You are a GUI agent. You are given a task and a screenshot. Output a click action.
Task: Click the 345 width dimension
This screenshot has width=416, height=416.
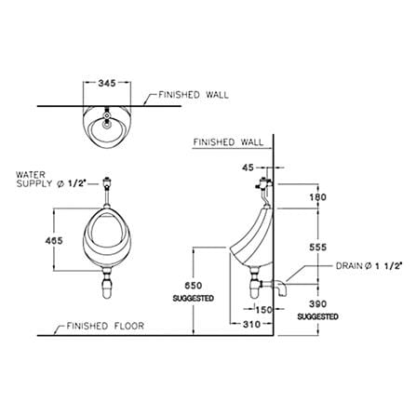[107, 83]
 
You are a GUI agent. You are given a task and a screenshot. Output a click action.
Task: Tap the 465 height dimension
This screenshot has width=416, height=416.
[54, 240]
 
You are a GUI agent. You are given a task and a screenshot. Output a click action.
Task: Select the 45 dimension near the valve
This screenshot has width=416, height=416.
[248, 168]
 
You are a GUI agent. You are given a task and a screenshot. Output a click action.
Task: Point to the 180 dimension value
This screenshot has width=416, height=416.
[318, 196]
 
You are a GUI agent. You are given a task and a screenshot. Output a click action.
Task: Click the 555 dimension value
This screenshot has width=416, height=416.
[318, 247]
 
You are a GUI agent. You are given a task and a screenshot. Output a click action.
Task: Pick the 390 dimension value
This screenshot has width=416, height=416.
[318, 304]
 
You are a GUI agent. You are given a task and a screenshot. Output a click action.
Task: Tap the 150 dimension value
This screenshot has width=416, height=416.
[263, 309]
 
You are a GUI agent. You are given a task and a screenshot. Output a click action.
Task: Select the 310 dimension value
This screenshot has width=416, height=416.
[251, 324]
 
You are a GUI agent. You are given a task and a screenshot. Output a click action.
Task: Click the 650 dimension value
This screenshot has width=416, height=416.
[194, 286]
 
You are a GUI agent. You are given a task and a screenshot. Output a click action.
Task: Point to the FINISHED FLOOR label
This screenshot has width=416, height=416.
[105, 326]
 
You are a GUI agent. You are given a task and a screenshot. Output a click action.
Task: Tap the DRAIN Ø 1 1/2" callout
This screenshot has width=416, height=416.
[369, 266]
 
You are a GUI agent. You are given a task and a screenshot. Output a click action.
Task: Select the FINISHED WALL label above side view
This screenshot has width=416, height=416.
[228, 142]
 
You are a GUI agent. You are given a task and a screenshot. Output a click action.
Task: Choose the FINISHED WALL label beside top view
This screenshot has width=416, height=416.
[194, 95]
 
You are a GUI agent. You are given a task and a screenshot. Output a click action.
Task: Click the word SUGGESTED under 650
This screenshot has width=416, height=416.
[194, 299]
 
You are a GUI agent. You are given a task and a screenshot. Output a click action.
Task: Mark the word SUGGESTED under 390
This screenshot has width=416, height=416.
[318, 316]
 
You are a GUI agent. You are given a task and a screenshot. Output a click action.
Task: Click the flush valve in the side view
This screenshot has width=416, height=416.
[263, 183]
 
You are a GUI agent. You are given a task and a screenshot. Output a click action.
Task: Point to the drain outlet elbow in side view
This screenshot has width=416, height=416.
[279, 287]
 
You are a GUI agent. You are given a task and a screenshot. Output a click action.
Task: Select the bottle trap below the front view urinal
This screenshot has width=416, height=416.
[107, 284]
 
